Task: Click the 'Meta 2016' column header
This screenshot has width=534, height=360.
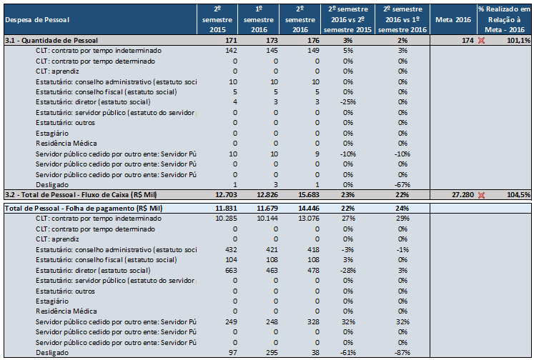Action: tap(453, 20)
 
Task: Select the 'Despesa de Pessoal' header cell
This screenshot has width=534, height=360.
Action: tap(37, 20)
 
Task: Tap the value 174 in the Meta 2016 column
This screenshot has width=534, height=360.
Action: tap(468, 41)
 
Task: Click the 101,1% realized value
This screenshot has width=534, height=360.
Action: tap(519, 41)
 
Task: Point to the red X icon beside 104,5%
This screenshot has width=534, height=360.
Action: tap(481, 195)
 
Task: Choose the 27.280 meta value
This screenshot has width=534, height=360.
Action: tap(463, 194)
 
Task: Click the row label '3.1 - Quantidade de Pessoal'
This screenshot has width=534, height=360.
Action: tap(51, 41)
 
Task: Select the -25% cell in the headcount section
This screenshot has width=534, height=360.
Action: tap(347, 102)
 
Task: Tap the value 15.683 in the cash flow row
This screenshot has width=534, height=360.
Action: tap(309, 194)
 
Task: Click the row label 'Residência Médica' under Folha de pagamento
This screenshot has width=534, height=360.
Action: tap(66, 311)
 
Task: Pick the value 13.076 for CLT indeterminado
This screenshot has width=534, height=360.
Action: tap(309, 219)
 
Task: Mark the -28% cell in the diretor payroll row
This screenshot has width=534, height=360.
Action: tap(347, 271)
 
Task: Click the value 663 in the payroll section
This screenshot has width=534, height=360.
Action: tap(231, 271)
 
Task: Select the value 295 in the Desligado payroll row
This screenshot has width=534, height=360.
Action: tap(272, 353)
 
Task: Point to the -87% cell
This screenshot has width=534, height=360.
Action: tap(402, 353)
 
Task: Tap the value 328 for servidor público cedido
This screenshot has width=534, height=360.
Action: tap(313, 321)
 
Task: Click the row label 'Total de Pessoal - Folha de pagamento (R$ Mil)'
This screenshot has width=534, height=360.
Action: tap(84, 209)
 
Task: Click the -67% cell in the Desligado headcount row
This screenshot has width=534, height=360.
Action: tap(402, 185)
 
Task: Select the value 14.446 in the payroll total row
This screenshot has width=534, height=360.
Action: tap(309, 209)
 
